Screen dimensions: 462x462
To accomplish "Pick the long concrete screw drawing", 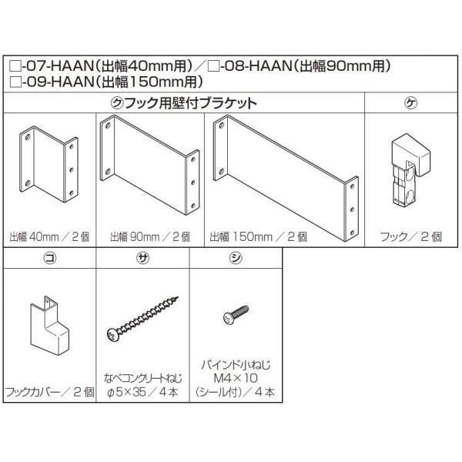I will click(x=143, y=321).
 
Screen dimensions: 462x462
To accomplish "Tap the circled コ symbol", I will click(x=49, y=259).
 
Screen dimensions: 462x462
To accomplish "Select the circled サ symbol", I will click(x=143, y=259).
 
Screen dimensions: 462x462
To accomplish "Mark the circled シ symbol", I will click(x=235, y=259).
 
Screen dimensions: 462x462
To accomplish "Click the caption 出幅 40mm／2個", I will click(x=49, y=236).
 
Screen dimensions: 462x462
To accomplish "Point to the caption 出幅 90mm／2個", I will click(x=146, y=236).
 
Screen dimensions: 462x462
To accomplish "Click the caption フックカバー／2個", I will click(x=49, y=390).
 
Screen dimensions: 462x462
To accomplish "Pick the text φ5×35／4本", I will click(x=143, y=390).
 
